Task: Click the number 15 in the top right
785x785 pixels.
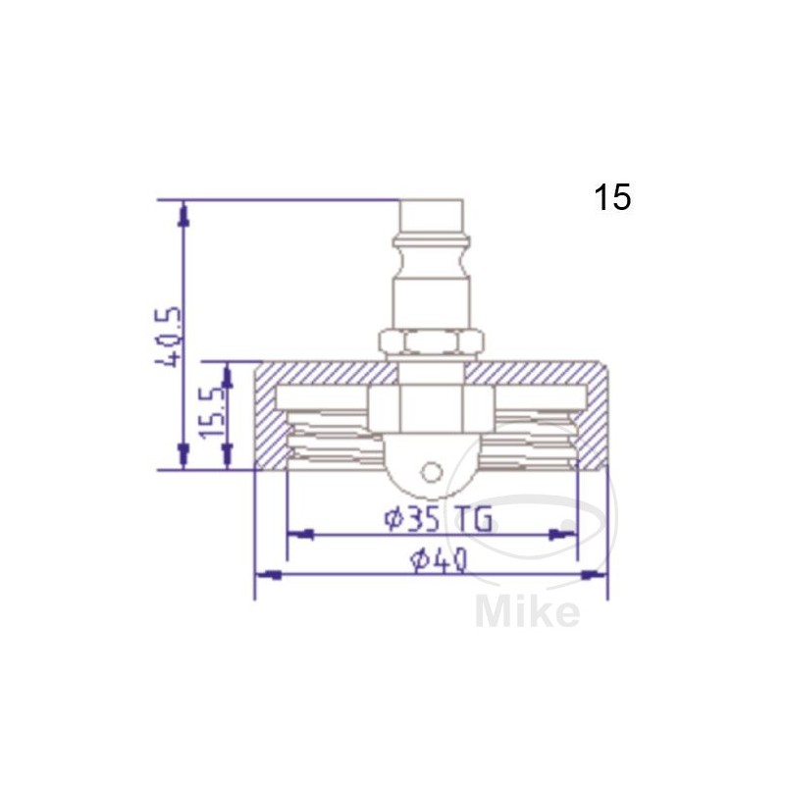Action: tap(611, 198)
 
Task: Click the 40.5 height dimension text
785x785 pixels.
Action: tap(168, 336)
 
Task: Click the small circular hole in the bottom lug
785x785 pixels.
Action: tap(431, 472)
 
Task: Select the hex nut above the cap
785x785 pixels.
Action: tap(431, 342)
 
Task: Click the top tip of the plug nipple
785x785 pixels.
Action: tap(431, 204)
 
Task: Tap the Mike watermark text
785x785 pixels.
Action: tap(527, 612)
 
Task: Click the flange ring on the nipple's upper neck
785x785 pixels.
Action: tap(431, 240)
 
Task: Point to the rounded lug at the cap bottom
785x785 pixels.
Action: tap(431, 479)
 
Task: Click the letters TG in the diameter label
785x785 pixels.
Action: tap(475, 518)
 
